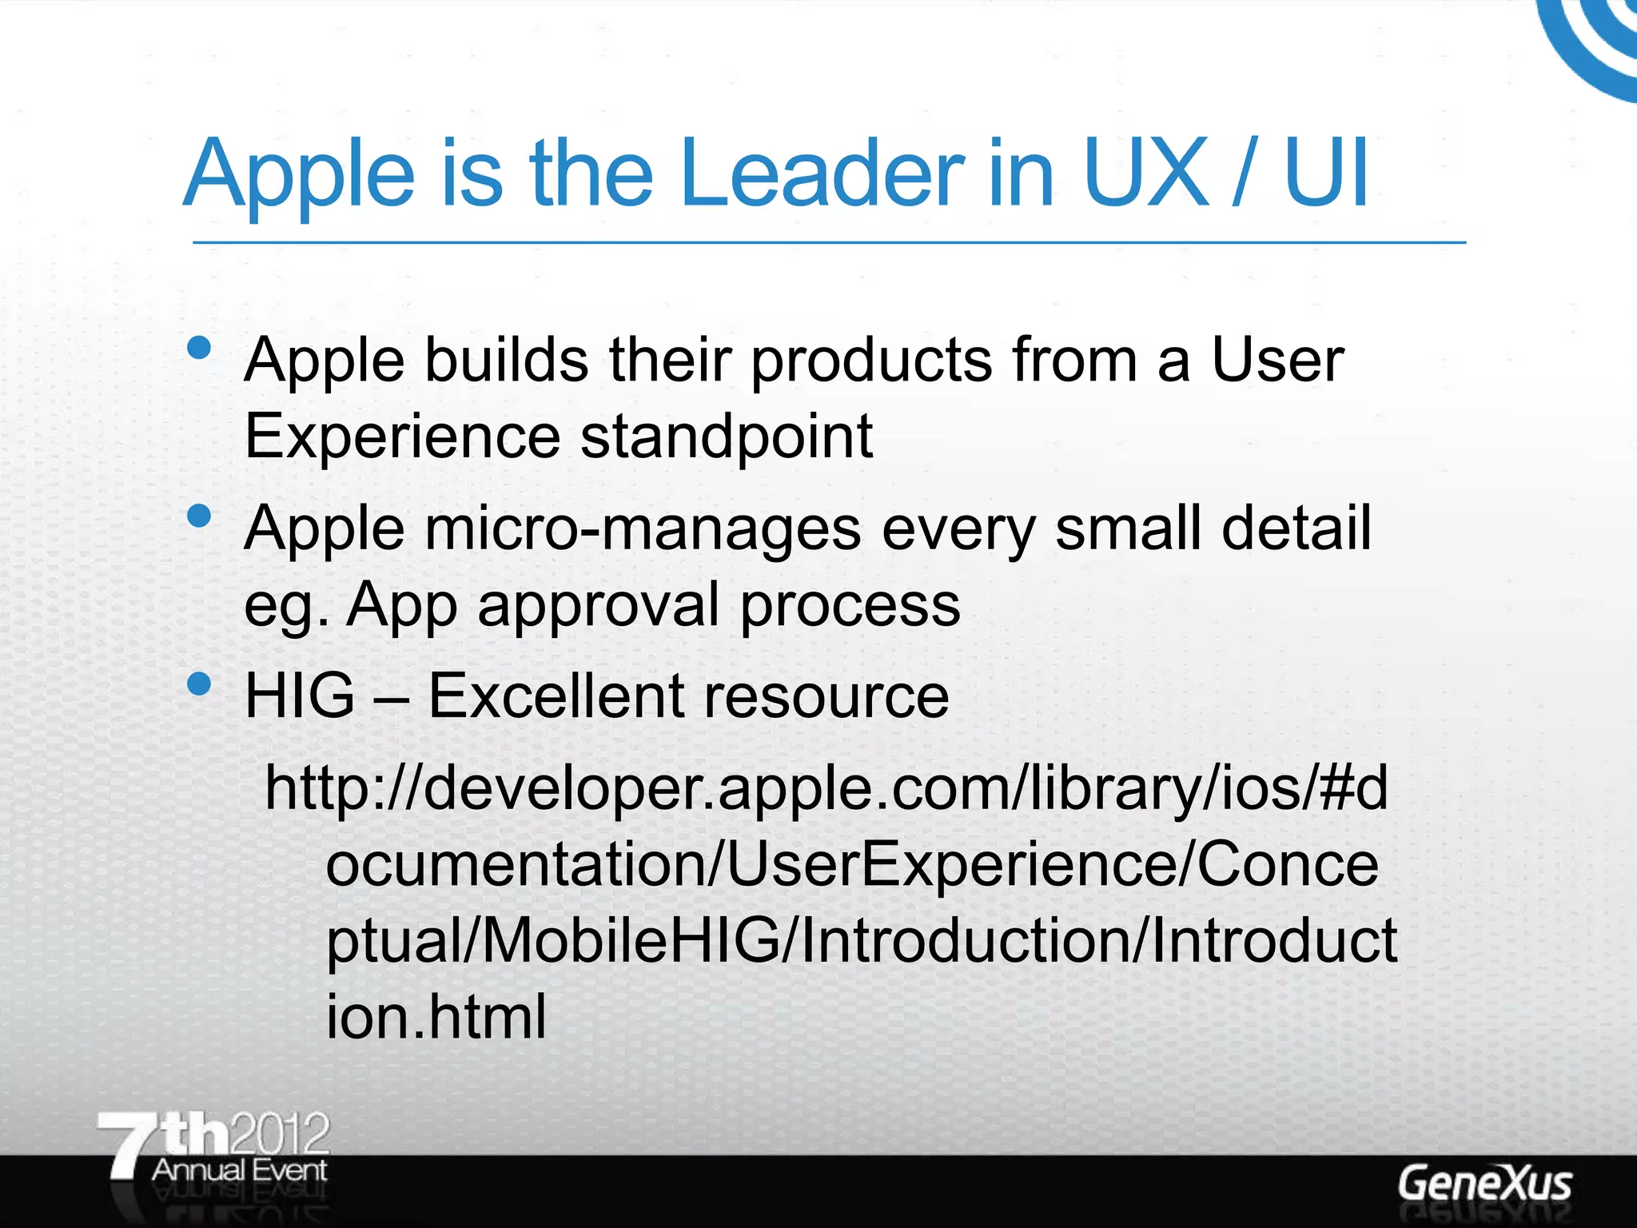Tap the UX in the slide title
click(1145, 173)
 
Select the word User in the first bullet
click(1277, 361)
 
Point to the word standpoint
click(726, 437)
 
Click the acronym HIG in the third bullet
click(299, 696)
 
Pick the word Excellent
click(556, 696)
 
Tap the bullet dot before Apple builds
click(198, 348)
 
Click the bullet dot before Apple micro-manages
click(198, 516)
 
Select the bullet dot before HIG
click(198, 684)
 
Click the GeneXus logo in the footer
click(1484, 1184)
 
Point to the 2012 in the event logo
click(279, 1133)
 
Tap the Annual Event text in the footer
click(240, 1170)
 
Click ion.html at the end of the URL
click(436, 1016)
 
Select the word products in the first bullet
click(872, 361)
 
